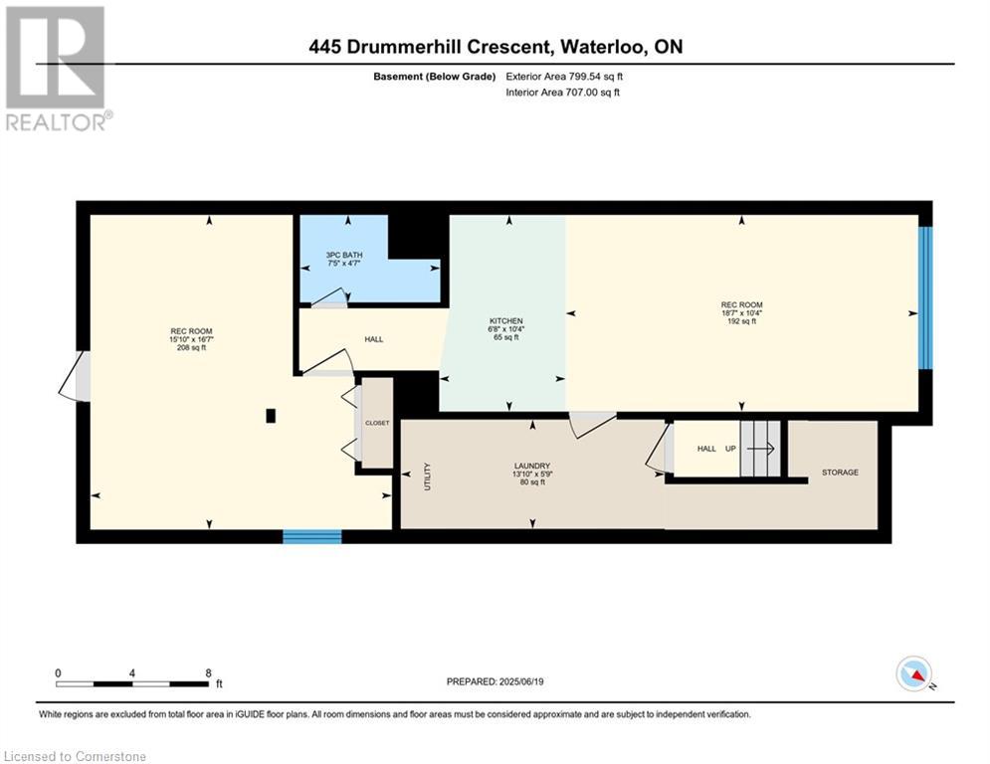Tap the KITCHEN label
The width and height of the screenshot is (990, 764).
pyautogui.click(x=505, y=321)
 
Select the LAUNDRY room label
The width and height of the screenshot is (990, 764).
pyautogui.click(x=532, y=466)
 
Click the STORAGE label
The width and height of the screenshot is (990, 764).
pyautogui.click(x=839, y=473)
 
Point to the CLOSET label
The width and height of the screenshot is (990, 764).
pyautogui.click(x=377, y=423)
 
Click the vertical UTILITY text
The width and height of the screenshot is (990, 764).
pyautogui.click(x=427, y=476)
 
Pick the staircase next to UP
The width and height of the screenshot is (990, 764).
pyautogui.click(x=762, y=449)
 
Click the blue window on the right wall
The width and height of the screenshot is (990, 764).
pyautogui.click(x=925, y=297)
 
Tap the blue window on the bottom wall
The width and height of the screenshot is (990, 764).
pyautogui.click(x=311, y=536)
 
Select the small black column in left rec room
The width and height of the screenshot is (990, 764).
pyautogui.click(x=271, y=416)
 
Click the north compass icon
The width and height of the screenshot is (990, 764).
pyautogui.click(x=913, y=673)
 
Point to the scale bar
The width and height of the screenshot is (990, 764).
pyautogui.click(x=131, y=683)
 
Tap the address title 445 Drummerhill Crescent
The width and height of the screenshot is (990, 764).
pyautogui.click(x=495, y=47)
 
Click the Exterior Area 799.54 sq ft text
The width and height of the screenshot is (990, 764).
pyautogui.click(x=564, y=77)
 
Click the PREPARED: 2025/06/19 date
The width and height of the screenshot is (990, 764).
pyautogui.click(x=495, y=681)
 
